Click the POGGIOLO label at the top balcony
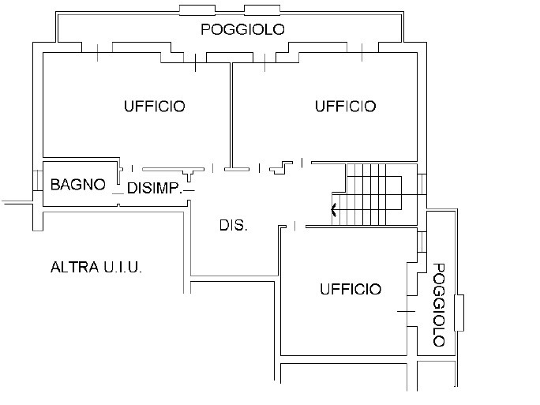pyautogui.click(x=243, y=29)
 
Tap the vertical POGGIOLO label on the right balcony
pyautogui.click(x=438, y=305)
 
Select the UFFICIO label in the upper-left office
pyautogui.click(x=155, y=106)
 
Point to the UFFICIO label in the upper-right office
pyautogui.click(x=346, y=106)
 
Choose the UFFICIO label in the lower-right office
pyautogui.click(x=351, y=289)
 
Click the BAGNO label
pyautogui.click(x=78, y=185)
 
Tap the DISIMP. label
pyautogui.click(x=154, y=188)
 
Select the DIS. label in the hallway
pyautogui.click(x=234, y=225)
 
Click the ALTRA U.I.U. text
pyautogui.click(x=96, y=268)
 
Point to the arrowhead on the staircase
pyautogui.click(x=333, y=209)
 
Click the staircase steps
pyautogui.click(x=374, y=194)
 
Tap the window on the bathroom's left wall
pyautogui.click(x=37, y=180)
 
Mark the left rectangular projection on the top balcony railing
pyautogui.click(x=197, y=10)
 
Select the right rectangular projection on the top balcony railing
pyautogui.click(x=262, y=10)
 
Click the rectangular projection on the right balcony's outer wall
pyautogui.click(x=459, y=313)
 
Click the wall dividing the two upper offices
pyautogui.click(x=231, y=115)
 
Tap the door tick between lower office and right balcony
pyautogui.click(x=407, y=311)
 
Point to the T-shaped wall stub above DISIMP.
pyautogui.click(x=189, y=174)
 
